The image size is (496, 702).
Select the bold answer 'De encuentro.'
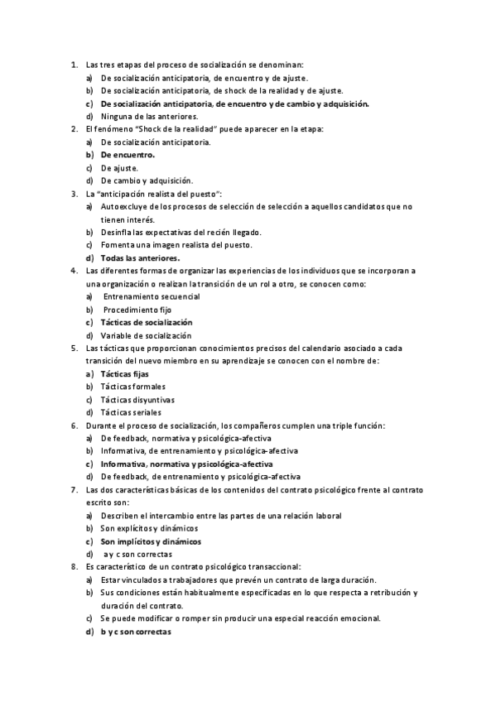128,155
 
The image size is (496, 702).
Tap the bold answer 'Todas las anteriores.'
140,257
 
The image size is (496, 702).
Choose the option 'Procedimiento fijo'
137,310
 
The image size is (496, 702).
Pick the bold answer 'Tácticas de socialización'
147,322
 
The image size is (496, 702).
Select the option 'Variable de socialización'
146,335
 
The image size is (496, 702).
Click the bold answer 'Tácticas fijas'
124,373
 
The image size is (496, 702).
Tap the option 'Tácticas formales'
132,387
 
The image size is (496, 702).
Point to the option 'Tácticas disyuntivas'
137,399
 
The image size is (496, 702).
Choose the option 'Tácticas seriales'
131,412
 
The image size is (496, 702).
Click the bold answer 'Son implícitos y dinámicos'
151,541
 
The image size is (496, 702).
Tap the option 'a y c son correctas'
137,554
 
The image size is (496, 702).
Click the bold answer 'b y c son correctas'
136,632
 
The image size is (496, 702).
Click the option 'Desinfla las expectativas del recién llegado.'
181,232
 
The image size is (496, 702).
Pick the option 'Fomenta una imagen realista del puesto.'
176,245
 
